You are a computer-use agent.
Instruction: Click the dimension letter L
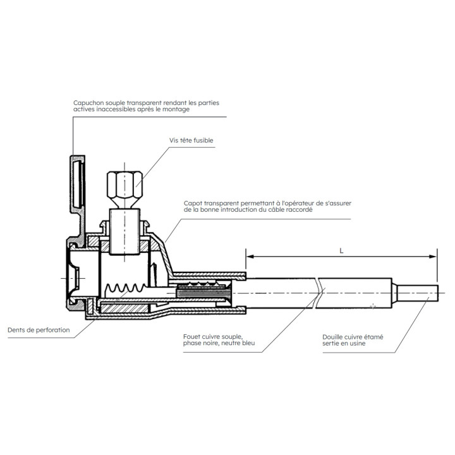point(341,250)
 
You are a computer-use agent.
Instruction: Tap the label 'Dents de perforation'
point(39,330)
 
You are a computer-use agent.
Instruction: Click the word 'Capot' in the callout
point(193,202)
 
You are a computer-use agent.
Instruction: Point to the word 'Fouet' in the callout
point(191,336)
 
